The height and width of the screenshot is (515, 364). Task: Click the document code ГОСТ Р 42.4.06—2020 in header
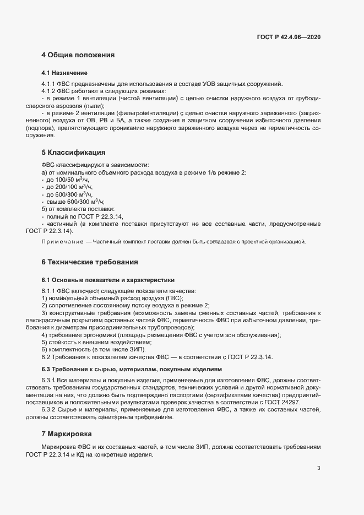pyautogui.click(x=289, y=37)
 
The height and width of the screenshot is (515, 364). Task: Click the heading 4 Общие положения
pyautogui.click(x=78, y=55)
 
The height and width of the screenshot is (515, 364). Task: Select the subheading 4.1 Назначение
pyautogui.click(x=64, y=73)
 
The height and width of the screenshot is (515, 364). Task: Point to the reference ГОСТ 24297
pyautogui.click(x=282, y=403)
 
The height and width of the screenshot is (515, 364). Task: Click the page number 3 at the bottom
pyautogui.click(x=318, y=469)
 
